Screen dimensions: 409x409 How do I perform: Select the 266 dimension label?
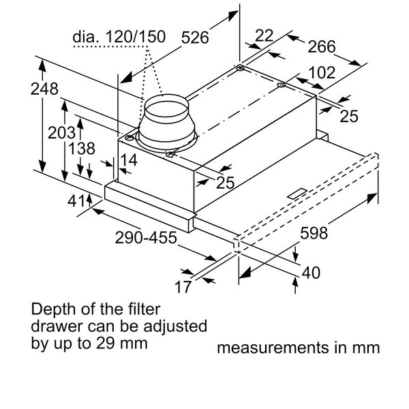pos(322,46)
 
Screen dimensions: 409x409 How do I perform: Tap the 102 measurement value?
pos(322,72)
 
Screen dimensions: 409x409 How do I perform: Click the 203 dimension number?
pos(61,132)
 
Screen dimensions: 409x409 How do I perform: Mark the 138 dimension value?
pos(81,149)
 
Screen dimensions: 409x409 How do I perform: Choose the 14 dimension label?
pos(127,160)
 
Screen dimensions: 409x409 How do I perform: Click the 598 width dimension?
pos(314,233)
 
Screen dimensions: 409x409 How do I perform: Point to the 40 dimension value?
pos(310,273)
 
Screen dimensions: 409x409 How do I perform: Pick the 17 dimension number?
pos(182,286)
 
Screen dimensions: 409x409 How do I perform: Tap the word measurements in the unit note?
pos(275,348)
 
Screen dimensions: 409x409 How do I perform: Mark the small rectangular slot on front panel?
pos(298,194)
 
